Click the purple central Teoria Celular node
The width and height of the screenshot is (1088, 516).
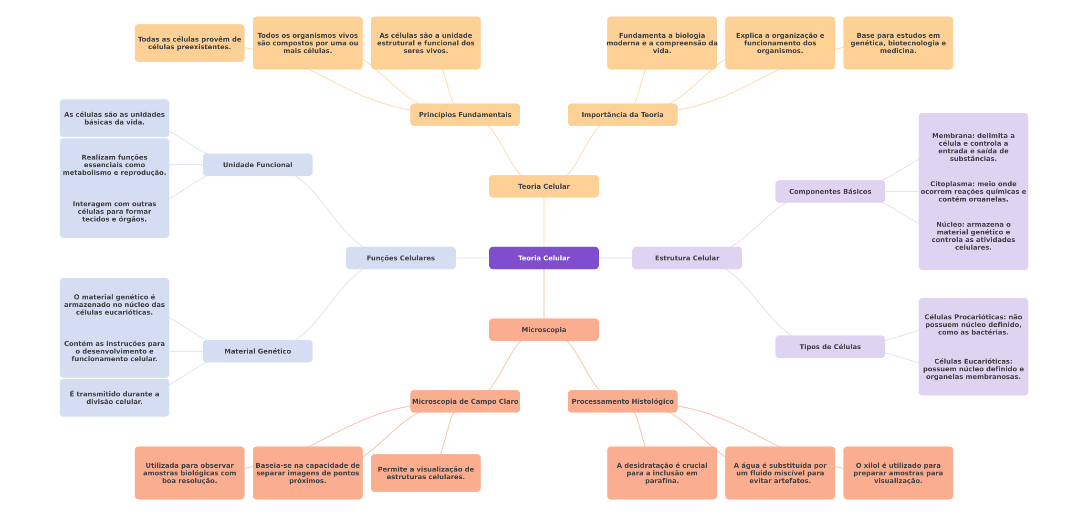[544, 258]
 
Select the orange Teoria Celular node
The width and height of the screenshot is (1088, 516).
[544, 186]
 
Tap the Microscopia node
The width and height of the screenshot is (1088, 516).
[544, 330]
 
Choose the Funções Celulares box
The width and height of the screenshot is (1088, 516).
[400, 258]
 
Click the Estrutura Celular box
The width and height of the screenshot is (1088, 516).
[687, 258]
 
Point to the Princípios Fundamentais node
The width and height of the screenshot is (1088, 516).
[465, 115]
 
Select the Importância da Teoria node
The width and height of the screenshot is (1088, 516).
[622, 115]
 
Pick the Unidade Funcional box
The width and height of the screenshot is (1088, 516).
[257, 165]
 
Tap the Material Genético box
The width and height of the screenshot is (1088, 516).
[257, 351]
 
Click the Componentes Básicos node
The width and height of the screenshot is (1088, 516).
[830, 192]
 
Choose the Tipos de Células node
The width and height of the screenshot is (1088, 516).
[830, 347]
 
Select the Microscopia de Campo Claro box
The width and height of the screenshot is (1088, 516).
[465, 401]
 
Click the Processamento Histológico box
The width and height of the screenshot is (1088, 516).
[622, 401]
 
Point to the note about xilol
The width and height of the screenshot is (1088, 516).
[898, 473]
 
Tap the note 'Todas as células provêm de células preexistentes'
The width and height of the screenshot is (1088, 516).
[189, 43]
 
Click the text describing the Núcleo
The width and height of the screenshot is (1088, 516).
[973, 236]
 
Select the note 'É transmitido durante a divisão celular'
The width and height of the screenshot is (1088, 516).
[114, 398]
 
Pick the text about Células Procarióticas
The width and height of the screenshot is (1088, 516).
[973, 324]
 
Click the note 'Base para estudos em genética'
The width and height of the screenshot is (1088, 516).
[898, 43]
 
